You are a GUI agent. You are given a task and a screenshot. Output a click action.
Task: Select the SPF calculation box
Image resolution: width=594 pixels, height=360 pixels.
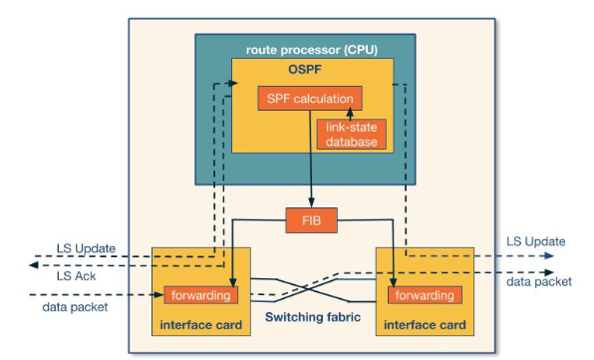[x=309, y=99]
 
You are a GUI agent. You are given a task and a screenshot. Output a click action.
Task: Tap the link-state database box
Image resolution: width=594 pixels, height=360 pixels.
[x=351, y=135]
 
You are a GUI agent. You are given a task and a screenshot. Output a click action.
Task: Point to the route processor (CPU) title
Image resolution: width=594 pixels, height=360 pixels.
[x=313, y=49]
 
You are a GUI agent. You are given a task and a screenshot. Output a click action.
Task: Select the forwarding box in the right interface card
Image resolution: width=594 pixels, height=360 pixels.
[x=425, y=295]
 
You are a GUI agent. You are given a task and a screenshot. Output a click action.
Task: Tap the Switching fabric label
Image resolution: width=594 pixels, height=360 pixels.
[x=313, y=317]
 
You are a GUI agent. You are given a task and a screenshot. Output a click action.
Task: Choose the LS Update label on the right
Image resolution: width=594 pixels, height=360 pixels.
[x=535, y=241]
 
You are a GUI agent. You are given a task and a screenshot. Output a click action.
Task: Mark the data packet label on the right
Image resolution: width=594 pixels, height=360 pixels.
[x=539, y=282]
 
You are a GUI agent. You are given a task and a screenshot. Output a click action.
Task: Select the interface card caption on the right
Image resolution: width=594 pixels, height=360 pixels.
[x=424, y=325]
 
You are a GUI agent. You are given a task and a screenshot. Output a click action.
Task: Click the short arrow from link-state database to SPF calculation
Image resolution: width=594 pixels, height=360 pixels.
[x=350, y=115]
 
